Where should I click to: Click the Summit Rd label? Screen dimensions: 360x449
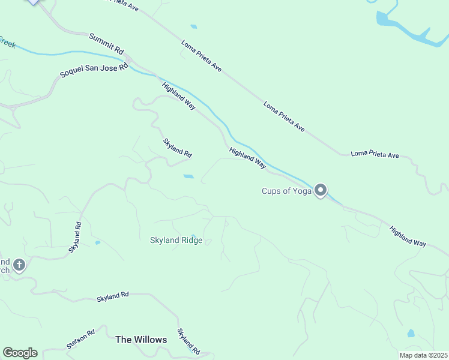[x=106, y=44]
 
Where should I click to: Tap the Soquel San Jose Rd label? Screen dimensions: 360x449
[x=94, y=71]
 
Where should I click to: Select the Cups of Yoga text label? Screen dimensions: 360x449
[x=286, y=191]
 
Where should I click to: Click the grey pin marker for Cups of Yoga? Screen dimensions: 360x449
[x=321, y=190]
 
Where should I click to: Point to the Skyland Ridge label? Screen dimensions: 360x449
[x=176, y=241]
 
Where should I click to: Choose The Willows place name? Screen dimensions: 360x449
[x=141, y=340]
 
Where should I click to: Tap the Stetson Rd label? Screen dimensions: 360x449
[x=81, y=340]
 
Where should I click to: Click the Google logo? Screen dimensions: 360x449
[x=20, y=353]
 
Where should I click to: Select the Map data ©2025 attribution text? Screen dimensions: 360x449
[x=423, y=355]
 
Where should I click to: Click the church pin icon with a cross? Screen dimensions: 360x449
[x=19, y=265]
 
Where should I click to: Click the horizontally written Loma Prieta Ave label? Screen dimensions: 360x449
[x=375, y=155]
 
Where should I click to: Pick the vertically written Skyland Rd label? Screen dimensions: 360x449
[x=74, y=237]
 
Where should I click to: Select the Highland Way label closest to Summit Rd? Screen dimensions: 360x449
[x=178, y=95]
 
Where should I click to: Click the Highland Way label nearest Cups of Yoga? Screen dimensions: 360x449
[x=247, y=155]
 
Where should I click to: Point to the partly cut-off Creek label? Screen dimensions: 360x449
[x=7, y=42]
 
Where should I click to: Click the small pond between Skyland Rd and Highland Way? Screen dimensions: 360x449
[x=188, y=176]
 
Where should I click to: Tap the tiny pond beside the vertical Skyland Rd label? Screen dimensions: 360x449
[x=97, y=243]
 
